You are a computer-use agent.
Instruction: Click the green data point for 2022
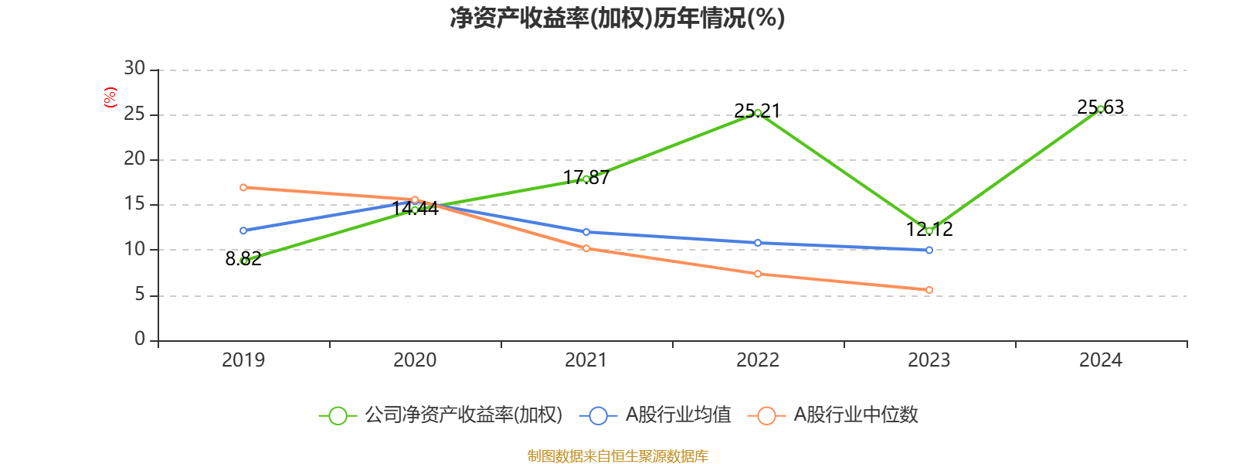[x=758, y=113]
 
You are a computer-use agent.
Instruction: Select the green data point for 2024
[x=1101, y=109]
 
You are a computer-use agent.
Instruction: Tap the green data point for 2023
[x=929, y=230]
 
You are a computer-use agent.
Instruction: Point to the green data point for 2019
[x=244, y=261]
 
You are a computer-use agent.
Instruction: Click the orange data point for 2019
[x=243, y=187]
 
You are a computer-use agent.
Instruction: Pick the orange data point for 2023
[x=929, y=290]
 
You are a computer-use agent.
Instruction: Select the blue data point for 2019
[x=243, y=230]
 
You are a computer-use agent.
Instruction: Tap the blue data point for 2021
[x=586, y=232]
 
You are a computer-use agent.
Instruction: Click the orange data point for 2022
[x=758, y=274]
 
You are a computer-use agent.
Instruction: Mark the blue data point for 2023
[x=929, y=250]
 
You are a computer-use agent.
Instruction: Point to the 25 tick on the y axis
[x=134, y=114]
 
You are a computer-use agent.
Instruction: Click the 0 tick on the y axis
[x=140, y=339]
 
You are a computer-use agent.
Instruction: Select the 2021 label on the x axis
[x=586, y=360]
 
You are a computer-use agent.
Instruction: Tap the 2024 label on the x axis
[x=1101, y=360]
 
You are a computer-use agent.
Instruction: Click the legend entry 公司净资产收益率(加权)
[x=441, y=415]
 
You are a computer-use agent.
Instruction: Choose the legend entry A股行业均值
[x=660, y=415]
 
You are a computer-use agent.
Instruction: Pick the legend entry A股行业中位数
[x=834, y=415]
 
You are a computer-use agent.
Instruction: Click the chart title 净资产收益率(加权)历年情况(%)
[x=617, y=18]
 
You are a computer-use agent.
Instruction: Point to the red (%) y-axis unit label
[x=110, y=97]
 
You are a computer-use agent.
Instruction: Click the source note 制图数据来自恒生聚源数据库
[x=617, y=456]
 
